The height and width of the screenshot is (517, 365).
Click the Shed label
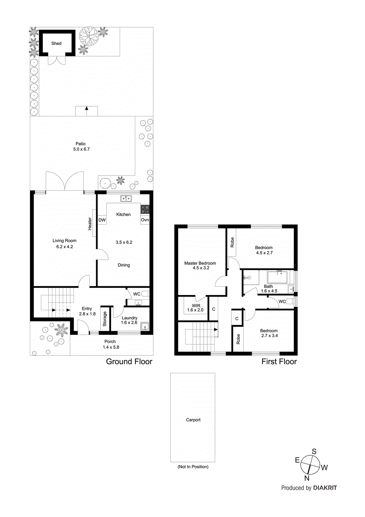(56, 43)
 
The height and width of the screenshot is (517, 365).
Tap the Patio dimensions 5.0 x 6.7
(81, 149)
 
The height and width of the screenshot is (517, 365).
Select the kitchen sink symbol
(126, 198)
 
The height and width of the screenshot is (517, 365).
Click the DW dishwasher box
(102, 220)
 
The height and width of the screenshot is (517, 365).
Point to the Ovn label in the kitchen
(145, 220)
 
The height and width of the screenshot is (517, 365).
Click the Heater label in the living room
(90, 224)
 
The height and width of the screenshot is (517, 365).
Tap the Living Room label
(65, 241)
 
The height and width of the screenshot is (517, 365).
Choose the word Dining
(124, 265)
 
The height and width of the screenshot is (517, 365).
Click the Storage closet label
(105, 319)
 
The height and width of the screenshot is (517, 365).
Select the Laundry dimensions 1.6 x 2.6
(129, 322)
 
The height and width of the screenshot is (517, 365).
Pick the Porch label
(110, 342)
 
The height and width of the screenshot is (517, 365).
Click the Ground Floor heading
(129, 362)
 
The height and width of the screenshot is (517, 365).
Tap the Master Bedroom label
(200, 263)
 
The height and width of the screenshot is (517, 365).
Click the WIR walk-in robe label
(196, 306)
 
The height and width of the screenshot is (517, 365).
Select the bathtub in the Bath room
(277, 278)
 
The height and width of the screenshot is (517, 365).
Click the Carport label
(193, 420)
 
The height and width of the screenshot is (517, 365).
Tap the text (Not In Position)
(193, 467)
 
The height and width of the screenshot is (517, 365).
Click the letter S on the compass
(314, 452)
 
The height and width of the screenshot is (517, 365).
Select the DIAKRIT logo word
(325, 488)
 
